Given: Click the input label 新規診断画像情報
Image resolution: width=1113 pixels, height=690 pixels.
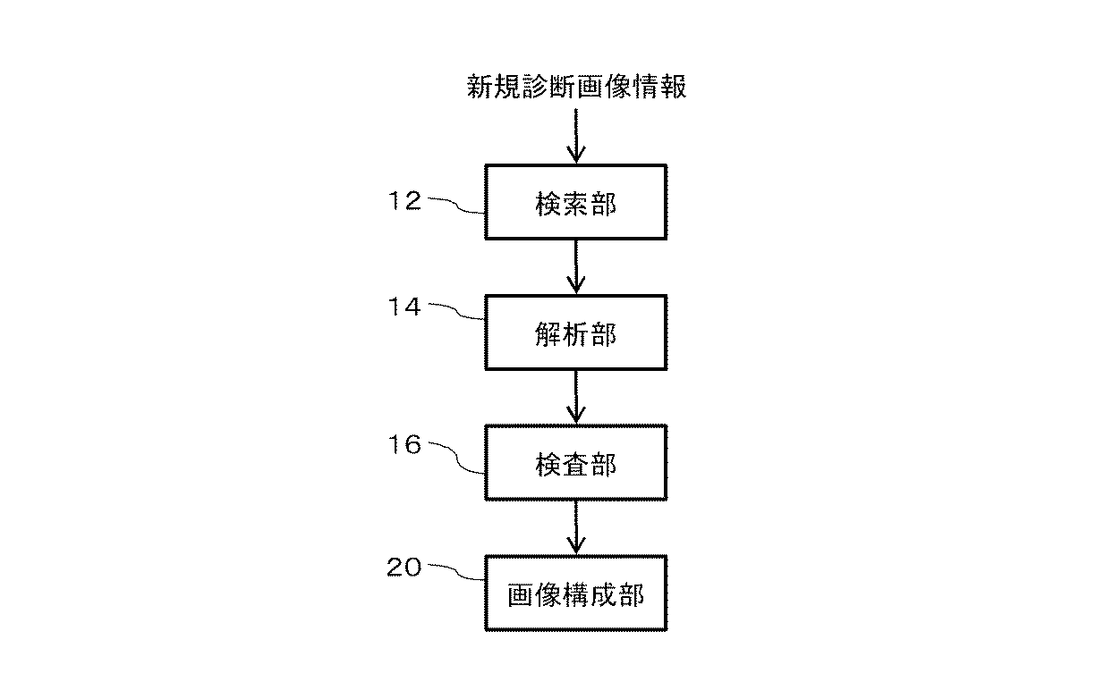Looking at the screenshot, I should [x=577, y=87].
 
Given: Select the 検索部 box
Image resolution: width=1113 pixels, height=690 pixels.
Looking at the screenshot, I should [x=576, y=202].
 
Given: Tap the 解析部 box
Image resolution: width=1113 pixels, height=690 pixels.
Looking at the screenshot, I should [x=576, y=332].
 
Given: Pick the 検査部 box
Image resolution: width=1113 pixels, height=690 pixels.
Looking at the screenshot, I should [x=576, y=463].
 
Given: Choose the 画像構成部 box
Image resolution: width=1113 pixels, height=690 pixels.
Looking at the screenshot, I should [x=576, y=593].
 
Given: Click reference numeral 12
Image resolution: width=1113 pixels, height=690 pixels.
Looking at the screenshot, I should [x=404, y=201].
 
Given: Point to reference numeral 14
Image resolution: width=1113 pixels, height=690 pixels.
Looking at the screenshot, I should [x=404, y=307].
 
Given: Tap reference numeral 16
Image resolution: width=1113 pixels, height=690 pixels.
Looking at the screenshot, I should [x=404, y=444].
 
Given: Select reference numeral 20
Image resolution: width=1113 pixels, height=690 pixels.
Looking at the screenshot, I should [x=404, y=567].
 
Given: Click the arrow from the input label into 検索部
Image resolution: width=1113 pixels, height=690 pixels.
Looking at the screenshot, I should [x=576, y=136].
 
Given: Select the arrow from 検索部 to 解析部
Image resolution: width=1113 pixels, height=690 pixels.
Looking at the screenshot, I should [x=576, y=265].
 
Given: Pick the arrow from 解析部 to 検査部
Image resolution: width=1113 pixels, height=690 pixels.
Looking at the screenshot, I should [x=576, y=396].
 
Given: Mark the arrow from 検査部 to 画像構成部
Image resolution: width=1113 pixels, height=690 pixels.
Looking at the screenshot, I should [x=576, y=527].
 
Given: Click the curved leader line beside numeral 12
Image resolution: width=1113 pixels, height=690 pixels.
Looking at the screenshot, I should [x=457, y=206].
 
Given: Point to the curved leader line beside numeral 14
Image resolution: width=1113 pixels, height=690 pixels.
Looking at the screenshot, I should [x=457, y=312].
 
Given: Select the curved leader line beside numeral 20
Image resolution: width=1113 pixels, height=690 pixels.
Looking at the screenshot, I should [x=457, y=572].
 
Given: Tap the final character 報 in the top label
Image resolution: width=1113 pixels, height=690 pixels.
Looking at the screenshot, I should [x=674, y=87].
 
